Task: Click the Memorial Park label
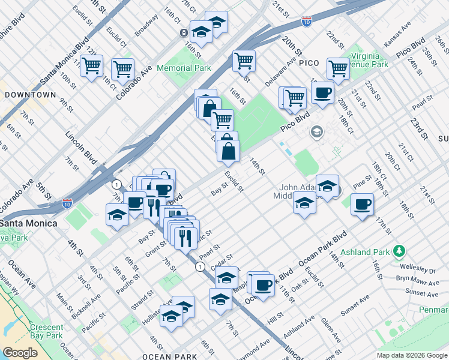184,68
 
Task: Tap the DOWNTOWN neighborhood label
30,95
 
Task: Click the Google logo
20,353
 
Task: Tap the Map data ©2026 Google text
411,355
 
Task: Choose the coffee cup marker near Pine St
363,205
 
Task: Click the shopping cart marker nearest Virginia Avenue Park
339,69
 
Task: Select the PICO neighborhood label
309,62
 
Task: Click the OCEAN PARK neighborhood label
169,356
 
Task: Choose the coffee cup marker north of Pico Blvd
322,93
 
